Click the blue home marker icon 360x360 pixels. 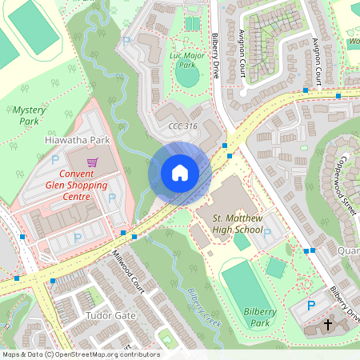coord(180,172)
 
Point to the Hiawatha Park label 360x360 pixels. coord(76,139)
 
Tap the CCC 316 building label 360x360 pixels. coord(184,127)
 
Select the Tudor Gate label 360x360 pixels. coord(110,315)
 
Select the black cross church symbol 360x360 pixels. coord(328,325)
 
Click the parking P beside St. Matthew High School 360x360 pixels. coord(267,233)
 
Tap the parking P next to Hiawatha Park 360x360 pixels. coord(54,159)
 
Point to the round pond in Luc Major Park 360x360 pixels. coord(186,78)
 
